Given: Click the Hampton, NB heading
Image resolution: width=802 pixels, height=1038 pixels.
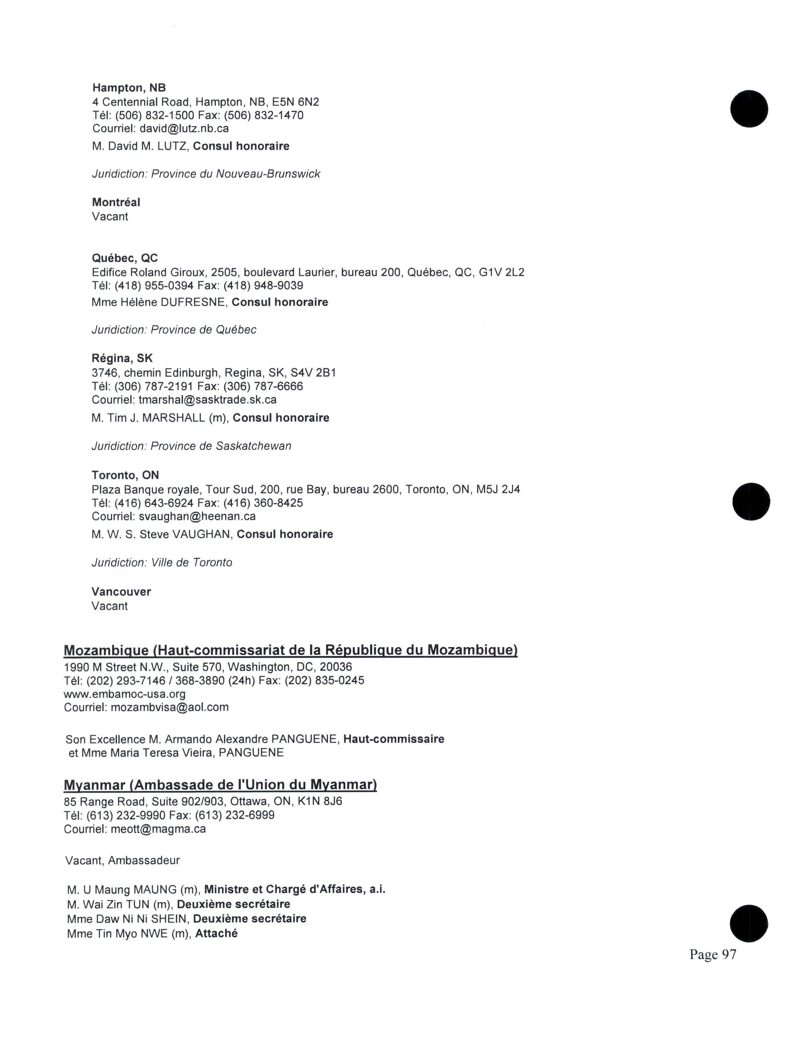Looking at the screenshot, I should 129,88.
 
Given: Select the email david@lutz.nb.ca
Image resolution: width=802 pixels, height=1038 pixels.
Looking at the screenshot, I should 184,128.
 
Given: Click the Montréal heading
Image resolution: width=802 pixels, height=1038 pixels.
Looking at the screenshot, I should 116,203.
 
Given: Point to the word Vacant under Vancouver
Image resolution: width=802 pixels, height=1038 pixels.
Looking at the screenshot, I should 110,606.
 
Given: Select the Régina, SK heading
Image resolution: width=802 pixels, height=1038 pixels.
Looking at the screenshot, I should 122,358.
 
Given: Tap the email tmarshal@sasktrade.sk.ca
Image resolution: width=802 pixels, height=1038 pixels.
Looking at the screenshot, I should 207,400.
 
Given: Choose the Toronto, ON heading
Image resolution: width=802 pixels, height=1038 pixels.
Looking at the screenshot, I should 125,475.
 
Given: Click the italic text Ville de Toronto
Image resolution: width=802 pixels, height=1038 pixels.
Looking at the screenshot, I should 192,563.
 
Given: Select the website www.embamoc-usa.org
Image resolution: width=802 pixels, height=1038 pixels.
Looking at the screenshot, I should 125,694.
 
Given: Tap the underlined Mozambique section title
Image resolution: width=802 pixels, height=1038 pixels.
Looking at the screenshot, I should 290,650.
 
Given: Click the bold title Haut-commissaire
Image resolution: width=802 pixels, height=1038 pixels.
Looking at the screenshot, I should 393,739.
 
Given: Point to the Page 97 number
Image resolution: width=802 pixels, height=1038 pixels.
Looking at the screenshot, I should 713,954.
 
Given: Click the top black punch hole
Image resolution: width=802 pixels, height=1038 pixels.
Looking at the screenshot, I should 749,109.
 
